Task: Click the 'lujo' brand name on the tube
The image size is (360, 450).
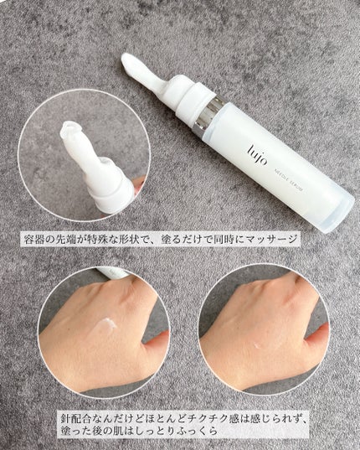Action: pyautogui.click(x=257, y=156)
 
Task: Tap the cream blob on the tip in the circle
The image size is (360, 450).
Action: pyautogui.click(x=70, y=128)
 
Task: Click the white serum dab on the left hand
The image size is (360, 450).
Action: pyautogui.click(x=105, y=323)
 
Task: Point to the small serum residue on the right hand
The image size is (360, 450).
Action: pyautogui.click(x=257, y=344)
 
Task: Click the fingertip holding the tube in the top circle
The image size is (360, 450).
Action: pyautogui.click(x=139, y=183)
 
